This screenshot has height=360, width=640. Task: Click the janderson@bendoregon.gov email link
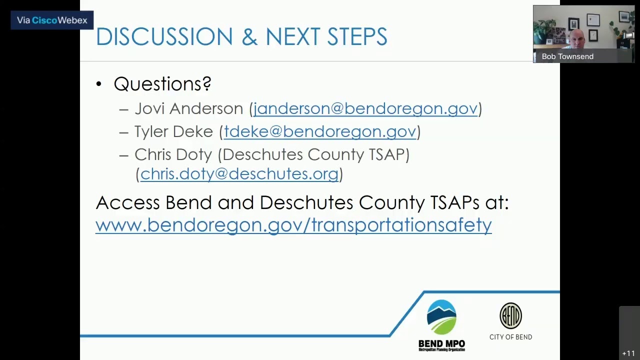(365, 108)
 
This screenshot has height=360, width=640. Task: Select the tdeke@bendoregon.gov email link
(319, 131)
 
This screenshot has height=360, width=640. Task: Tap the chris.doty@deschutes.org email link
(239, 174)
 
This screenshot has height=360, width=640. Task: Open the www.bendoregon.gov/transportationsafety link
(293, 225)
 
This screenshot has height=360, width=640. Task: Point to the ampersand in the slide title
(249, 37)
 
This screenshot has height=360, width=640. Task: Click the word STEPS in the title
(357, 37)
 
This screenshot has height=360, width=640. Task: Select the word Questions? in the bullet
(162, 84)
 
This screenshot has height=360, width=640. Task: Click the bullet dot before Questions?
(99, 84)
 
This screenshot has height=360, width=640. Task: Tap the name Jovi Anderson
(188, 108)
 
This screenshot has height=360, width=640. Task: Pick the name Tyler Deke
(173, 131)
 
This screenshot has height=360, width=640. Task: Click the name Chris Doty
(173, 154)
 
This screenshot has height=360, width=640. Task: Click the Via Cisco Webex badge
(52, 20)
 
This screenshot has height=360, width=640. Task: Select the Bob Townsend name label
(567, 56)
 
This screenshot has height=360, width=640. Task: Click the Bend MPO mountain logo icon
(441, 317)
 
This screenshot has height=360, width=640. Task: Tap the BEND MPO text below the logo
(441, 344)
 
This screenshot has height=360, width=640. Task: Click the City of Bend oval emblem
(510, 315)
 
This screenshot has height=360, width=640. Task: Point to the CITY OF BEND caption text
(510, 337)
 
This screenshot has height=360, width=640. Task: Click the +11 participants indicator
(628, 353)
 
